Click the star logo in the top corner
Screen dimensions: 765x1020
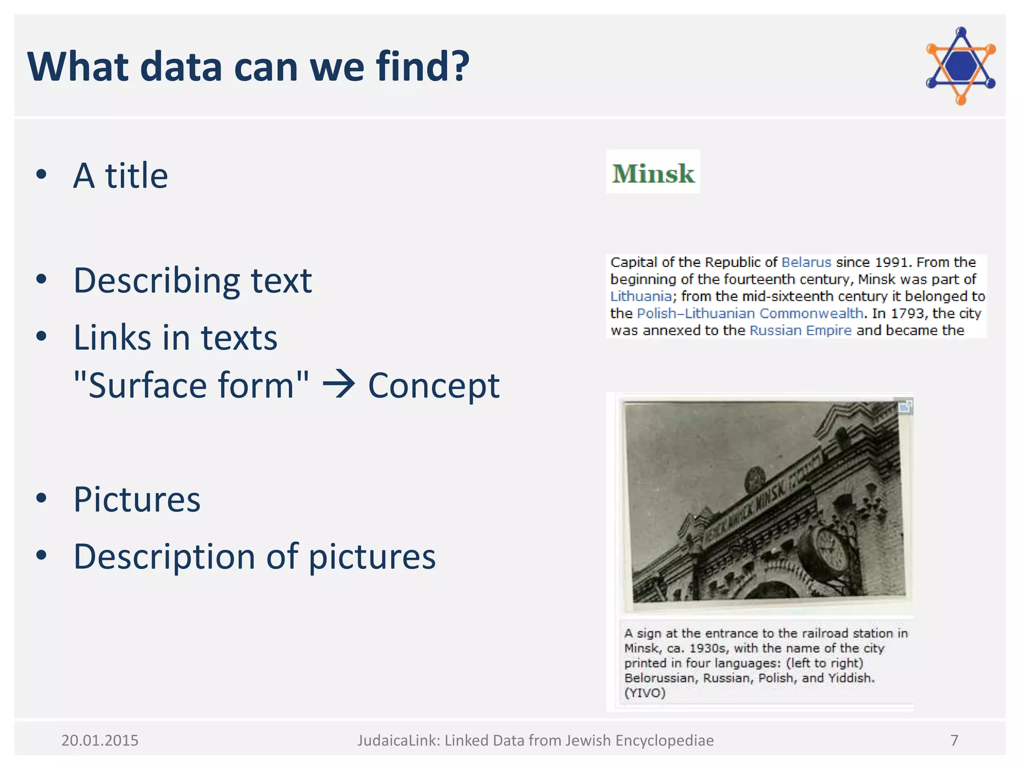click(960, 66)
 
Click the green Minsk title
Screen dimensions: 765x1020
click(652, 173)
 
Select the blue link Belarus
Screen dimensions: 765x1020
click(806, 262)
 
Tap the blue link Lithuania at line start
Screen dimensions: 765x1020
click(640, 296)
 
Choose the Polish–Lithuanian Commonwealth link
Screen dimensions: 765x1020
click(750, 313)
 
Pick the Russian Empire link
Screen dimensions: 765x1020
click(800, 330)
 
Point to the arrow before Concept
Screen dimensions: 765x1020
click(339, 384)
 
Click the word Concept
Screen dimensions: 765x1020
click(433, 385)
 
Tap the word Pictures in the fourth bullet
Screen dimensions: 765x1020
click(137, 499)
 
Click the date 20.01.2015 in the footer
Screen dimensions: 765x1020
click(100, 741)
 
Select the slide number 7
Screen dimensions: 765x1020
click(954, 741)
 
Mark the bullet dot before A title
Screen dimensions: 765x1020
click(41, 174)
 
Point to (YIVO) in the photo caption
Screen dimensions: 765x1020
click(644, 693)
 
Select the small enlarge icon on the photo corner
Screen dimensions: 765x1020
click(905, 407)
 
